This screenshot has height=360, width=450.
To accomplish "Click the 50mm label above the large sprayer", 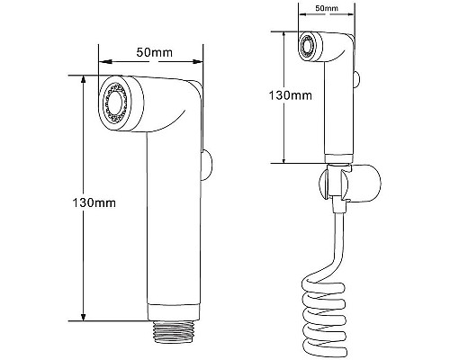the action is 155,52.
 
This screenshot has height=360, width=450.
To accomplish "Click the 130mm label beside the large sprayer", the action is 94,203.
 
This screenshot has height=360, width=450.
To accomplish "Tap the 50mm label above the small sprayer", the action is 327,8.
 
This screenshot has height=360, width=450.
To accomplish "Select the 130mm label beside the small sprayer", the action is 290,95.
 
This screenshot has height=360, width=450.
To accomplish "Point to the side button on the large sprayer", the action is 206,166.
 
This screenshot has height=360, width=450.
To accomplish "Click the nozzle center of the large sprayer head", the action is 114,103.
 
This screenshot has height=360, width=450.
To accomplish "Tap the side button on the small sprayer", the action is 357,79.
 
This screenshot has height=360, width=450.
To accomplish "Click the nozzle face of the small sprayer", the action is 307,47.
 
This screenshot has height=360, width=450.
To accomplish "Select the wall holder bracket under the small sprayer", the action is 349,184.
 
